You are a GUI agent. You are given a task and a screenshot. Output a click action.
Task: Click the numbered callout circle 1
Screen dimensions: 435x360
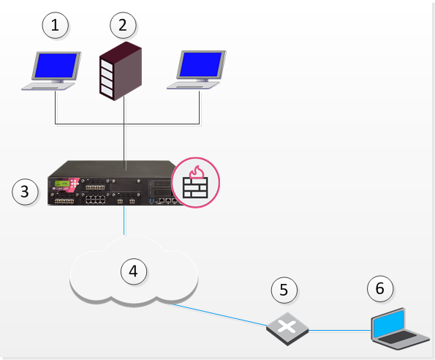pyautogui.click(x=56, y=26)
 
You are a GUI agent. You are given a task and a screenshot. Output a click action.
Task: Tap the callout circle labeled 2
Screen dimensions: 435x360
pyautogui.click(x=123, y=26)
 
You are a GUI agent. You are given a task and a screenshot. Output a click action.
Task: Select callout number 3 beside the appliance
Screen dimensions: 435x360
pyautogui.click(x=25, y=192)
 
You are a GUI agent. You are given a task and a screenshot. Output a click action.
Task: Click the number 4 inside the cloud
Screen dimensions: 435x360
pyautogui.click(x=134, y=271)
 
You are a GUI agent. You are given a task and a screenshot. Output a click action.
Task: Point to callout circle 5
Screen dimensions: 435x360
pyautogui.click(x=284, y=290)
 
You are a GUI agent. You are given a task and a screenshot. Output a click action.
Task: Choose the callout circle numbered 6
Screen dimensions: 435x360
pyautogui.click(x=380, y=289)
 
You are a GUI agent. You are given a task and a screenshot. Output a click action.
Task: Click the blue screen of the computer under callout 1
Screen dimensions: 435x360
pyautogui.click(x=56, y=65)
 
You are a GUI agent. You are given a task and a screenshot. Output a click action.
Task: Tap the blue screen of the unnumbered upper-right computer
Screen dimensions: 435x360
pyautogui.click(x=201, y=64)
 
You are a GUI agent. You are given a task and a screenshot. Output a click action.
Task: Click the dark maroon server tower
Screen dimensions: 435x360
pyautogui.click(x=121, y=71)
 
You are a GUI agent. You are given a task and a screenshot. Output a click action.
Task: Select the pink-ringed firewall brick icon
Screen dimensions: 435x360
pyautogui.click(x=196, y=183)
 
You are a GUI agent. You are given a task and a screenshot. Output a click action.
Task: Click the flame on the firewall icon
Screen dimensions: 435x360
pyautogui.click(x=197, y=172)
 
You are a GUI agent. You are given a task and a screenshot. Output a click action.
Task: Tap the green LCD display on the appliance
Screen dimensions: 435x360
pyautogui.click(x=62, y=184)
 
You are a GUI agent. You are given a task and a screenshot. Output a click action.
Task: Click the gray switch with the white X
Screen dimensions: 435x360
pyautogui.click(x=287, y=329)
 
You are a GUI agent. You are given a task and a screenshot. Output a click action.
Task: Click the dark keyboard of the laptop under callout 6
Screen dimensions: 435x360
pyautogui.click(x=397, y=337)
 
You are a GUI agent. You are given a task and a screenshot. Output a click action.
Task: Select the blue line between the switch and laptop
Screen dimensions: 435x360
pyautogui.click(x=340, y=330)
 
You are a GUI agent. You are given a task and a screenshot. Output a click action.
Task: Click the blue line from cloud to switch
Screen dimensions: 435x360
pyautogui.click(x=219, y=315)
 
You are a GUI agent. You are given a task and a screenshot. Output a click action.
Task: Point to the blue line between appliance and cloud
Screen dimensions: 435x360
pyautogui.click(x=124, y=221)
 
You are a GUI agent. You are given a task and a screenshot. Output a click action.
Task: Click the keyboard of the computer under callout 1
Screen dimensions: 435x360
pyautogui.click(x=48, y=86)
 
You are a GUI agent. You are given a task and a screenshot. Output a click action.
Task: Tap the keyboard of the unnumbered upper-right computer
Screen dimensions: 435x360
pyautogui.click(x=193, y=86)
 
